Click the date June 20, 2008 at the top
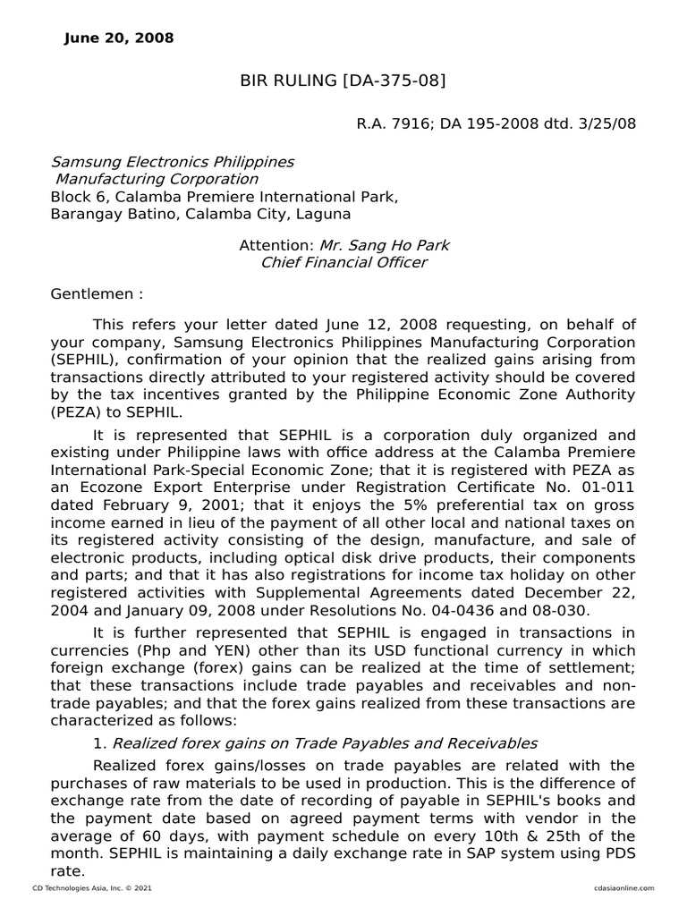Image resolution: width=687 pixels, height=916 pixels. point(120,38)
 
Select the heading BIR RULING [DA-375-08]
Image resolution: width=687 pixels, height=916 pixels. point(343,82)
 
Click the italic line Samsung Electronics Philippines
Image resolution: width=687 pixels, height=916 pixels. point(172,162)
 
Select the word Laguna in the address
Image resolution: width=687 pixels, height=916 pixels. point(327,214)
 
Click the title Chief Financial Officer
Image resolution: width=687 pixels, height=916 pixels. point(343,262)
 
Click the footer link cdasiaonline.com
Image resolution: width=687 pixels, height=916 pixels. point(623,887)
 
